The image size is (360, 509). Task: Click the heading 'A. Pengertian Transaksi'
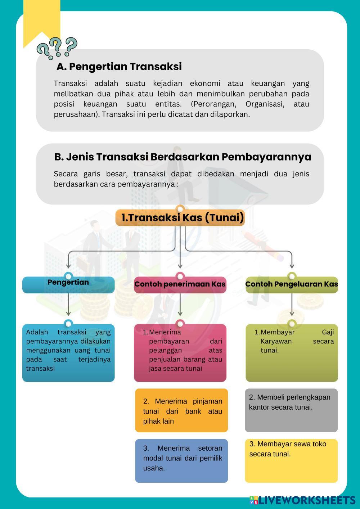(119, 67)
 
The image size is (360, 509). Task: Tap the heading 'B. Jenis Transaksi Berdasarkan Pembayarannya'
(183, 157)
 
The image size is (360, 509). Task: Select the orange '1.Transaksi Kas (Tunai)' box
(180, 218)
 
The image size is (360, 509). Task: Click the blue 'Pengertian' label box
(68, 284)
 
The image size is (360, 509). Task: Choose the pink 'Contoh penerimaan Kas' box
(180, 284)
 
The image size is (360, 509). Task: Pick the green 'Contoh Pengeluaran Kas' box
(292, 284)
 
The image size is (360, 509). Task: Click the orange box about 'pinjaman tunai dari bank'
(181, 410)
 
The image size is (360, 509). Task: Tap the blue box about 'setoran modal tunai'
(181, 460)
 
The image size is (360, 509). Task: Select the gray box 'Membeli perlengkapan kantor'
(291, 410)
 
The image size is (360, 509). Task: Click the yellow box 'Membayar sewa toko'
(291, 460)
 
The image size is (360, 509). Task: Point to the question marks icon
(57, 48)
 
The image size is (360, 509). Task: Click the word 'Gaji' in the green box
(328, 332)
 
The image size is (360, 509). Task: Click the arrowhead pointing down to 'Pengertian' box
(68, 266)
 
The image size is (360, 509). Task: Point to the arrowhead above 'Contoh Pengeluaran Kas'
(292, 266)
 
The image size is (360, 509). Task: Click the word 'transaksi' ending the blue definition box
(40, 368)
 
